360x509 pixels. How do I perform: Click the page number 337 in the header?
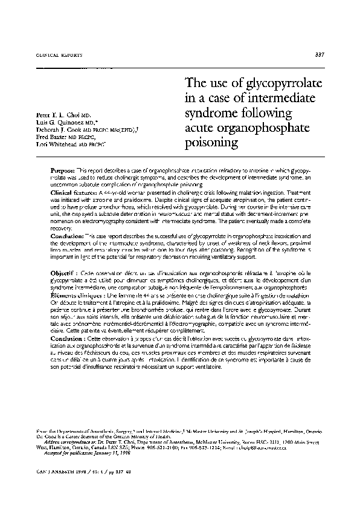pos(320,56)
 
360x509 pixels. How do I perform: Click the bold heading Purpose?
pos(63,172)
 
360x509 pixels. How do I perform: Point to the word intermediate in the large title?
pos(280,99)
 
